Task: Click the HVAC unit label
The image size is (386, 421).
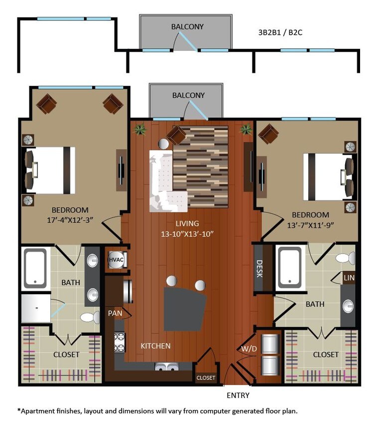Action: click(116, 259)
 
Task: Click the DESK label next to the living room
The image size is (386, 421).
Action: click(259, 269)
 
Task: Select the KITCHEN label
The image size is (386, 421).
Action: click(155, 346)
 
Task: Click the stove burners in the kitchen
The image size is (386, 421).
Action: click(120, 343)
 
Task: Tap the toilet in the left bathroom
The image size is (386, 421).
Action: click(90, 317)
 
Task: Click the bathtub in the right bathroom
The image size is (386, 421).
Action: click(289, 267)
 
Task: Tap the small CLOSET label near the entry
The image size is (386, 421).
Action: click(206, 378)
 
